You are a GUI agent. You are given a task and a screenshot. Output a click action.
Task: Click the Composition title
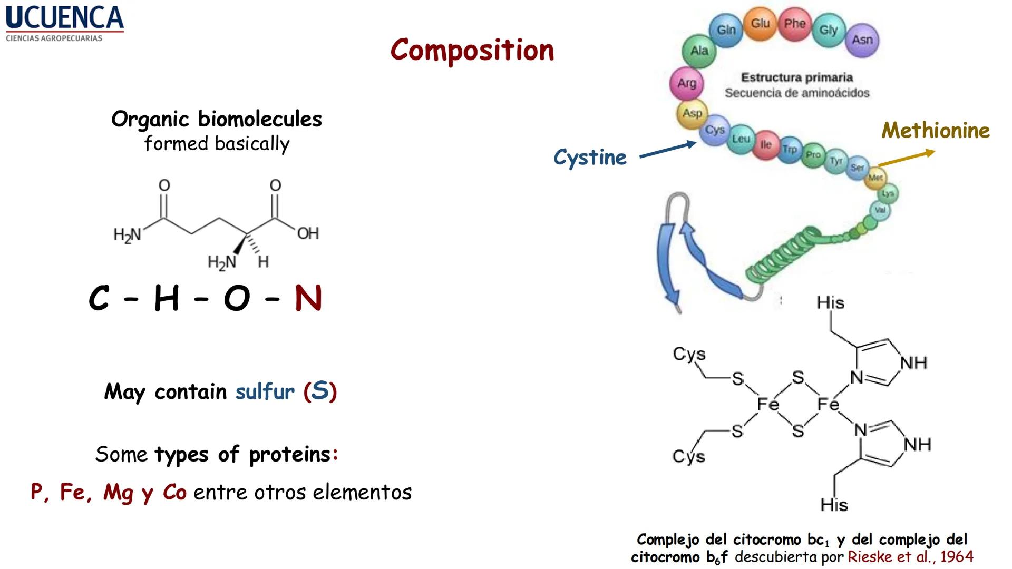[472, 51]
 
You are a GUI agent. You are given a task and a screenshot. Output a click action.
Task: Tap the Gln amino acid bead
[726, 30]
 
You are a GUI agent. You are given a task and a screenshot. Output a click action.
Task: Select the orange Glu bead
[760, 23]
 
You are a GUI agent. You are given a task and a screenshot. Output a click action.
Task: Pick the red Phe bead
[794, 24]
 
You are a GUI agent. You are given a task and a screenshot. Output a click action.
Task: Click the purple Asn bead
[862, 40]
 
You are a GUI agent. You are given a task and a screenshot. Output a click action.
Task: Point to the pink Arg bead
[687, 83]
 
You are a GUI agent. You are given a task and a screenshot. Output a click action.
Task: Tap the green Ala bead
[699, 51]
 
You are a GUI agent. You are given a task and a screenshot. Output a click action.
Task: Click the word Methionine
[936, 131]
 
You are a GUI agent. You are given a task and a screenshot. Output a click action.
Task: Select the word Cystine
[590, 158]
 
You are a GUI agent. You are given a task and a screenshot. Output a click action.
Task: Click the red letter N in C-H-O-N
[308, 299]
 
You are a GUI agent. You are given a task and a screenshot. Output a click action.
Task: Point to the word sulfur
[265, 391]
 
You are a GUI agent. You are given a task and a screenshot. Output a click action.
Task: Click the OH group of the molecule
[308, 233]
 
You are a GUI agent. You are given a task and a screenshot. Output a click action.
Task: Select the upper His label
[830, 303]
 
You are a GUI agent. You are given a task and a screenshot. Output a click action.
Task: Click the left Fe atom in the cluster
[767, 405]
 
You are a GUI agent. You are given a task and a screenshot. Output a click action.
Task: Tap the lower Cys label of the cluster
[688, 456]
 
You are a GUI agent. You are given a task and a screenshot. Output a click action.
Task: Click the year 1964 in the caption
[957, 557]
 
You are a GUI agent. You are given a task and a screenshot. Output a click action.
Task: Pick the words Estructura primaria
[796, 77]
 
